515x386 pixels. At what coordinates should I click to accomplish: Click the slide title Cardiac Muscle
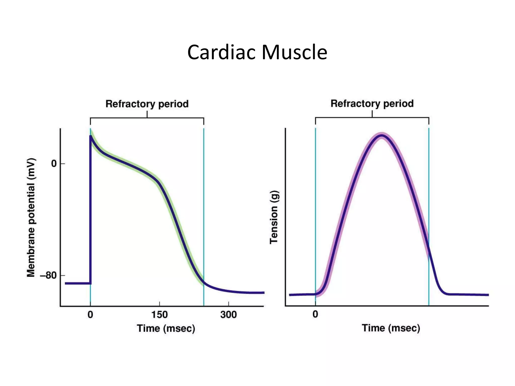click(x=257, y=52)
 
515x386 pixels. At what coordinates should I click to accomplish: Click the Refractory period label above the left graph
click(x=147, y=104)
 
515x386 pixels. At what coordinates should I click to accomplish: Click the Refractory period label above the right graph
click(x=372, y=104)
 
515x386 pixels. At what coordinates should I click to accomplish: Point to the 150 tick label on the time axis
click(x=159, y=315)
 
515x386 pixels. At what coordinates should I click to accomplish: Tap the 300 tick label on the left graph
click(x=228, y=315)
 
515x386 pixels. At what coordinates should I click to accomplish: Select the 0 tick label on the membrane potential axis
click(x=54, y=164)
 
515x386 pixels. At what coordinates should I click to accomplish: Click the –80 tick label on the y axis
click(x=49, y=275)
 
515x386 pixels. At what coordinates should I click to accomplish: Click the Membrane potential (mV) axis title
click(x=31, y=218)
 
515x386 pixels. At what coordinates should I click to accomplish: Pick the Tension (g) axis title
click(x=274, y=217)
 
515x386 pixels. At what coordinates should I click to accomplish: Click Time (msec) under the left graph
click(x=166, y=328)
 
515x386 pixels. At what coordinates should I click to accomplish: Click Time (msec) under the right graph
click(x=391, y=328)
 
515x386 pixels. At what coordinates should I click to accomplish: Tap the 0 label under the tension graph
click(x=315, y=314)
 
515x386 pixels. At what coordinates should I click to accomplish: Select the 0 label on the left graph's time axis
click(x=90, y=315)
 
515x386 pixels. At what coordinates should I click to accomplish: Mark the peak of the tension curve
click(x=382, y=136)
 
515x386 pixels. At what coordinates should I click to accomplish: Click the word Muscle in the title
click(x=294, y=52)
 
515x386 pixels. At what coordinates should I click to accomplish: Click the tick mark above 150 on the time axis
click(x=159, y=304)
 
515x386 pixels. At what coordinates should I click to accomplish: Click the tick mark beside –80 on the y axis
click(x=63, y=275)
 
